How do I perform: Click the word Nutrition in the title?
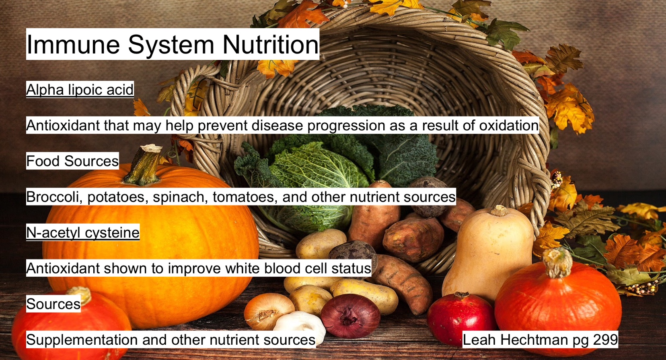pyautogui.click(x=270, y=44)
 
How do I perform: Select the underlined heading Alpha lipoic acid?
pyautogui.click(x=80, y=89)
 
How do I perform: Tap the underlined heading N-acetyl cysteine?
pyautogui.click(x=83, y=232)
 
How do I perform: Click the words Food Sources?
pyautogui.click(x=72, y=161)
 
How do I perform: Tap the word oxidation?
pyautogui.click(x=509, y=125)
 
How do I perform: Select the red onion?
pyautogui.click(x=350, y=316)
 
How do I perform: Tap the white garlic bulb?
pyautogui.click(x=300, y=325)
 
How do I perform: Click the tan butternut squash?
pyautogui.click(x=487, y=253)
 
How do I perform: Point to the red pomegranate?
pyautogui.click(x=461, y=318)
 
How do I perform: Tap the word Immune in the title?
pyautogui.click(x=73, y=44)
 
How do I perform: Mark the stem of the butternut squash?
pyautogui.click(x=499, y=210)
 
